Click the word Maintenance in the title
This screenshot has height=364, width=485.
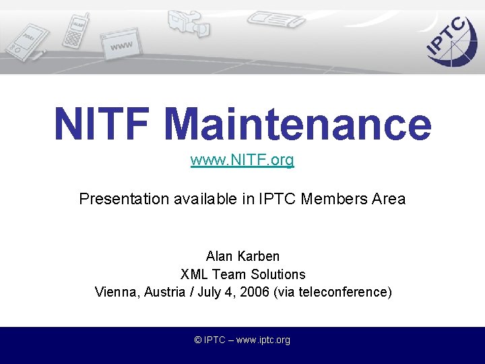(x=297, y=125)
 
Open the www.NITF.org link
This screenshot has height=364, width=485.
(x=243, y=160)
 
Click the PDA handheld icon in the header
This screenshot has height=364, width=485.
(x=24, y=41)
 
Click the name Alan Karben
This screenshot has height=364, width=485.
(x=243, y=256)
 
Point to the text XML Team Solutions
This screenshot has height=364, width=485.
(x=243, y=274)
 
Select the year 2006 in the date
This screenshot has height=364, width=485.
(x=255, y=292)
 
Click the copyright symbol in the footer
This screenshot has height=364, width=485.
(x=198, y=340)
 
